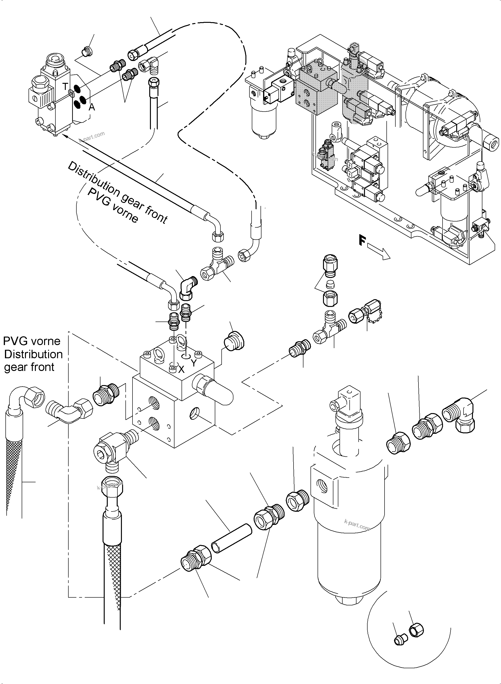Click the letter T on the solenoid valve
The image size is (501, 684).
coord(65,87)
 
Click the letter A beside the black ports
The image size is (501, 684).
coord(91,107)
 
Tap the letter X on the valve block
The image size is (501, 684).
coord(181,369)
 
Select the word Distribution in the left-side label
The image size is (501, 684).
coord(33,354)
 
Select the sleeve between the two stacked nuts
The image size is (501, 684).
coord(330,285)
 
